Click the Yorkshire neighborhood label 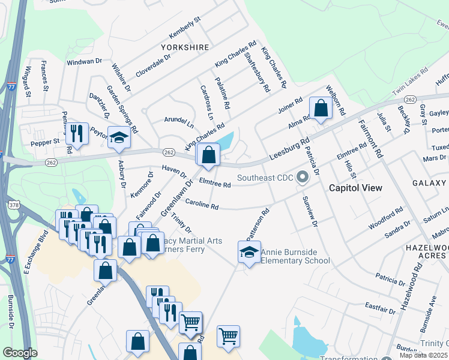pos(185,47)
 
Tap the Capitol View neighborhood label pos(355,188)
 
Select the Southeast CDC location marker pos(303,177)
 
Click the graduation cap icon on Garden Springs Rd pos(119,138)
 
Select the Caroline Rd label pos(202,205)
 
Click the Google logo pos(20,353)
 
